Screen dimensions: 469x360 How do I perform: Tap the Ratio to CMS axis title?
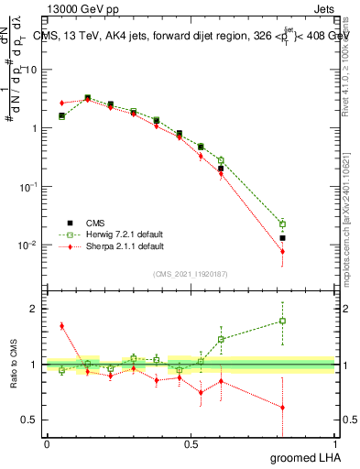pyautogui.click(x=12, y=365)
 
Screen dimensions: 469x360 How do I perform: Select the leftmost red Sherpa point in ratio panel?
pyautogui.click(x=61, y=325)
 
